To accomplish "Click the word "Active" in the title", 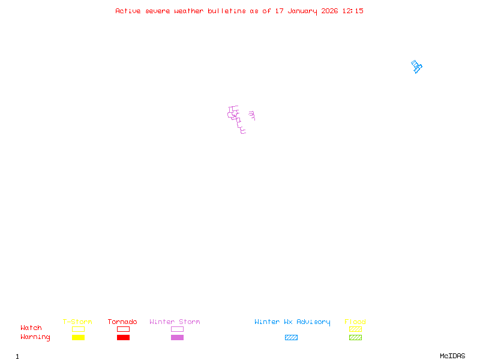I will click(x=128, y=11).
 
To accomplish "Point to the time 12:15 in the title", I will click(x=353, y=11).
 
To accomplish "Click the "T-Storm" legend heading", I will click(x=77, y=322).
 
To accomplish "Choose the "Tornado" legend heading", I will click(x=122, y=322).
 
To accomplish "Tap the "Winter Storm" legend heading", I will click(x=175, y=322).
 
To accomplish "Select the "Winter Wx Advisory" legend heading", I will click(x=292, y=322).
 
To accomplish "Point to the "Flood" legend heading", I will click(x=355, y=322).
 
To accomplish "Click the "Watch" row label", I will click(x=31, y=328).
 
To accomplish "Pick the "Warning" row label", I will click(x=35, y=337).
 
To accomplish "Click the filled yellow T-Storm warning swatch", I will click(x=78, y=338).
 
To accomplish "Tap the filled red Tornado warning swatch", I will click(x=123, y=338).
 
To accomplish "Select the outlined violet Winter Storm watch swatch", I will click(x=177, y=329).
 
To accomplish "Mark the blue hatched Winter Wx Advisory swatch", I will click(x=291, y=338).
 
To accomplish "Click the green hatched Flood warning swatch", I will click(x=355, y=338).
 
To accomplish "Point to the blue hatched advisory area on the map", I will click(x=416, y=67).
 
